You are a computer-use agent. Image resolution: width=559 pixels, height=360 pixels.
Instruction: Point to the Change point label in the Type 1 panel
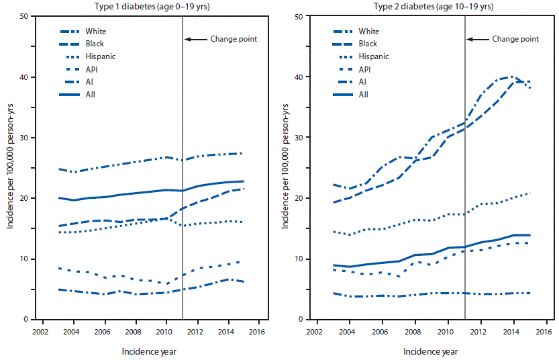pos(234,39)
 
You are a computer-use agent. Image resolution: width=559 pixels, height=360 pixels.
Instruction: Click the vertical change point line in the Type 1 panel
pos(183,201)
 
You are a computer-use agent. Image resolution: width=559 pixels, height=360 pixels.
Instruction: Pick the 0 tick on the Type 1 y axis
pos(34,320)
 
